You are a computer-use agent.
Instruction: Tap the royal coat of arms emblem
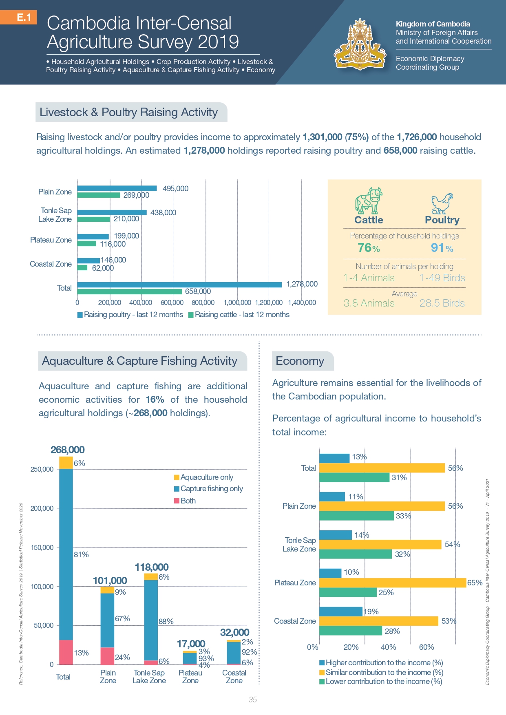[x=360, y=45]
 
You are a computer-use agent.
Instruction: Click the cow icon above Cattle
[x=368, y=201]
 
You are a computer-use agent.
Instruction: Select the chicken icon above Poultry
[x=442, y=203]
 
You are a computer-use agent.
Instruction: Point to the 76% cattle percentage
[x=369, y=248]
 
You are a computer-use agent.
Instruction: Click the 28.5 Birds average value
[x=442, y=303]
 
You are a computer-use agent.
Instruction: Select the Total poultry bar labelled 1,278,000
[x=179, y=285]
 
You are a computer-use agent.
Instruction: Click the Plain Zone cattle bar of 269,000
[x=99, y=195]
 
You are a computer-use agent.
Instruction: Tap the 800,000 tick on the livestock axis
[x=203, y=302]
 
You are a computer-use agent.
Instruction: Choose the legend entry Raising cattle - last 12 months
[x=239, y=315]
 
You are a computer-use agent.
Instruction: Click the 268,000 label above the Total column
[x=68, y=450]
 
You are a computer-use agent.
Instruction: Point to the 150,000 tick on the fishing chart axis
[x=42, y=547]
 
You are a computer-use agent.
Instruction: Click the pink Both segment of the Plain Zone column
[x=107, y=656]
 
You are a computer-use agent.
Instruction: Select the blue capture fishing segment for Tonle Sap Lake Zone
[x=151, y=620]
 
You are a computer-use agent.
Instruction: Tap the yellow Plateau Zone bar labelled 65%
[x=393, y=583]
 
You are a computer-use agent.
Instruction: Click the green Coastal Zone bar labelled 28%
[x=351, y=631]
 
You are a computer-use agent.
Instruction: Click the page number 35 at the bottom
[x=253, y=700]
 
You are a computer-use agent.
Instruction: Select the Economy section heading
[x=300, y=361]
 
